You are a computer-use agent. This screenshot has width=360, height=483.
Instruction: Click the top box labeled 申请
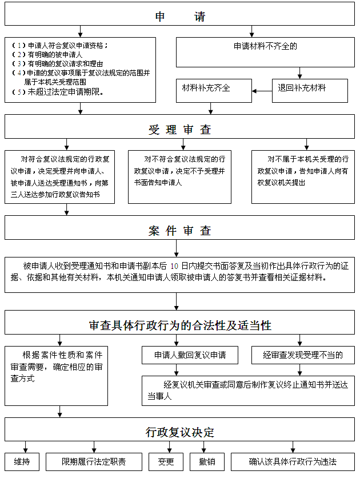click(180, 17)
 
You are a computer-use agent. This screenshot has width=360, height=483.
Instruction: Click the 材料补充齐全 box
click(213, 89)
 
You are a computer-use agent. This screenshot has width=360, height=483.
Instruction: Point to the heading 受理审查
click(180, 130)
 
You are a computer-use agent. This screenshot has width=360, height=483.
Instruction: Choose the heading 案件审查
click(180, 231)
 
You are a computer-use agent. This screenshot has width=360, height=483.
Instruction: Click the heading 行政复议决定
click(180, 433)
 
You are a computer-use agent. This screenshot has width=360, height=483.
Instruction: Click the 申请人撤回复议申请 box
click(190, 355)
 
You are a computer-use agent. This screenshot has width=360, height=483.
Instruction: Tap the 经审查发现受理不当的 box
click(303, 355)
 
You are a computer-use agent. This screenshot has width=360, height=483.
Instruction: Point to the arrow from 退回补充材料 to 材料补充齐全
click(262, 90)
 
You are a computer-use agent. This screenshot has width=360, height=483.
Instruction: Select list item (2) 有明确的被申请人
click(51, 54)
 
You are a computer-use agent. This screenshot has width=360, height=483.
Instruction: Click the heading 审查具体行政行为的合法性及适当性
click(180, 325)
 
